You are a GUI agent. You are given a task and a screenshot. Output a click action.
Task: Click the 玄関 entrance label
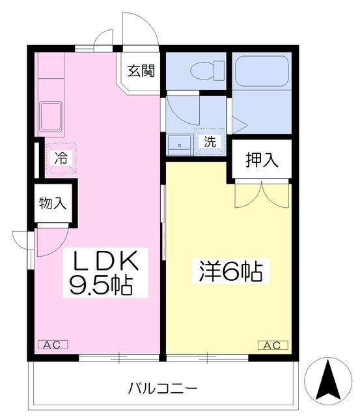(141, 70)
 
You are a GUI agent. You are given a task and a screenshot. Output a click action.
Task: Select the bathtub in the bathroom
(262, 70)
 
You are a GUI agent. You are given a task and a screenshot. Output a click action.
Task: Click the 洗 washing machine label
(210, 141)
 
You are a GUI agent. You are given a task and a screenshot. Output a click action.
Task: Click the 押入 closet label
(261, 160)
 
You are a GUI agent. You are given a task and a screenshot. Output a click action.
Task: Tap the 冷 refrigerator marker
(60, 157)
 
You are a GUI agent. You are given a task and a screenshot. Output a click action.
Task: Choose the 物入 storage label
(53, 203)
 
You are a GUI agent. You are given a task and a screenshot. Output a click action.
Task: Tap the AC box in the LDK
(53, 345)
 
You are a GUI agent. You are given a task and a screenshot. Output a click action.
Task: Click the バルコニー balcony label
(162, 389)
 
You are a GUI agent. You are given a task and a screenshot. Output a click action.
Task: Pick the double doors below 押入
(261, 193)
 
